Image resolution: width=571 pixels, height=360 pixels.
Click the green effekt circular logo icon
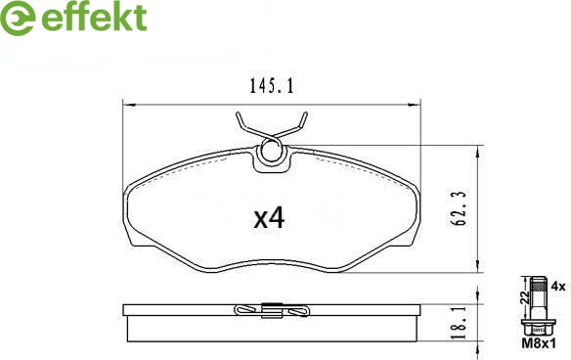(18, 18)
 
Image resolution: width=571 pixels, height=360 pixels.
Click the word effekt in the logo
(94, 17)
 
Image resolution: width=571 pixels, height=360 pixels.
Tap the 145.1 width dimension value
(271, 86)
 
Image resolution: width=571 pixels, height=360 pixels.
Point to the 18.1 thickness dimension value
(461, 323)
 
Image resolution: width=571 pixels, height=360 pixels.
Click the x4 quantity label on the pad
(269, 217)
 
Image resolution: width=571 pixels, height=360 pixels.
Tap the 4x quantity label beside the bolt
(558, 286)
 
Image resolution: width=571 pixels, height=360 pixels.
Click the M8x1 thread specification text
(539, 342)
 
